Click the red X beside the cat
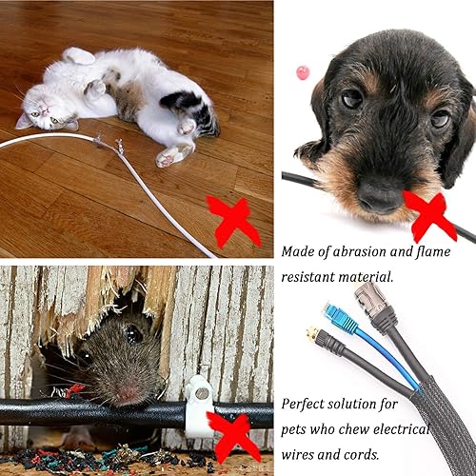coord(232,221)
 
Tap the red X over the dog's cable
coord(429,214)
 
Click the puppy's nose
coord(380,195)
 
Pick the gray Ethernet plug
coord(369,300)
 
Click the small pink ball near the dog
coord(303,72)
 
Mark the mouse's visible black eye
coord(134,333)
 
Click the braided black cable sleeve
coord(438,419)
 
